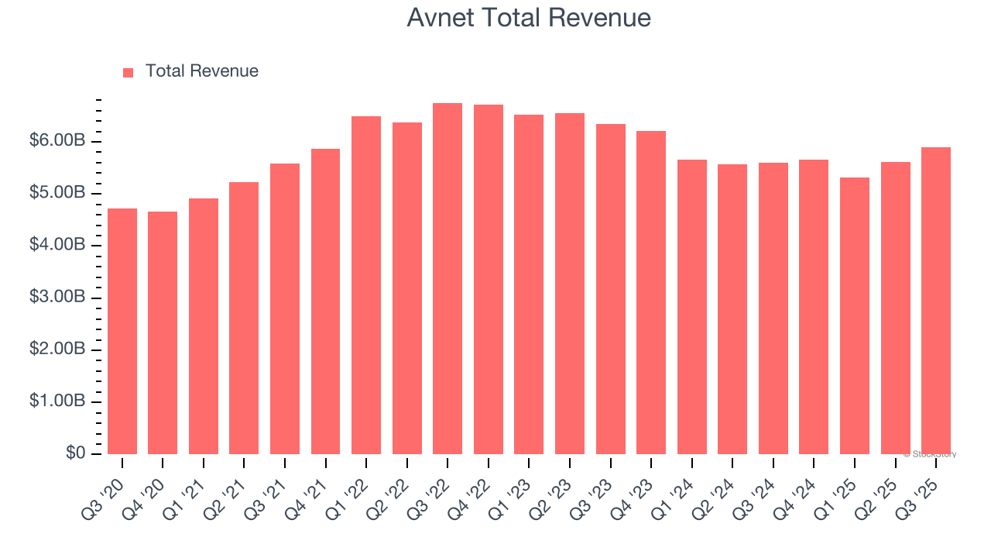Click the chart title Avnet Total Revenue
click(x=529, y=17)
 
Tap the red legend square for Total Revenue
click(x=128, y=72)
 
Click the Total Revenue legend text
click(x=201, y=71)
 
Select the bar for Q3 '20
click(x=122, y=331)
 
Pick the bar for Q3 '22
click(x=447, y=278)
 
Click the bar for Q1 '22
click(x=366, y=284)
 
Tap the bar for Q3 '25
click(x=936, y=301)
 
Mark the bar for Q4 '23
click(x=651, y=292)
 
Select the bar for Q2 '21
click(x=244, y=318)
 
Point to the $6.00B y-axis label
click(x=57, y=141)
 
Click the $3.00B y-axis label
click(x=57, y=298)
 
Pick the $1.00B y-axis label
click(x=57, y=401)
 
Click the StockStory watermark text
click(x=930, y=454)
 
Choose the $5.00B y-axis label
click(x=57, y=193)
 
